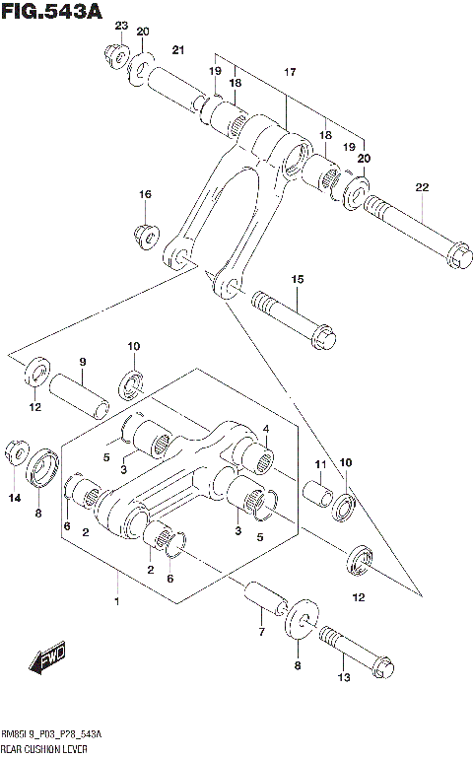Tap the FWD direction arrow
click(46, 661)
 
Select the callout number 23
click(121, 26)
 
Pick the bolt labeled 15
click(296, 317)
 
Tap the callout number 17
click(290, 73)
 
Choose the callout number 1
click(116, 601)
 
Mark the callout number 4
click(266, 429)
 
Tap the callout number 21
click(178, 51)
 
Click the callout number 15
click(297, 281)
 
